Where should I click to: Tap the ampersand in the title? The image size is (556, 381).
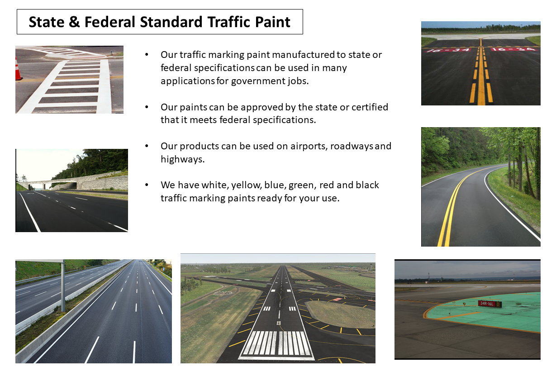coord(75,22)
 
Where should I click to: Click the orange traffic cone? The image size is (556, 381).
coord(19,69)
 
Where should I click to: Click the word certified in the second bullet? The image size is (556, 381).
coord(370,107)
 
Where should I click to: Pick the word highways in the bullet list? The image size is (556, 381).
coord(182,159)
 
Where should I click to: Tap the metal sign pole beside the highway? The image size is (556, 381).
coord(63,286)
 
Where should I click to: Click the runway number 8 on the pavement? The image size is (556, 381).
coord(279,323)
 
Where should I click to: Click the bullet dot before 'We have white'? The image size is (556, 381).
coord(147,185)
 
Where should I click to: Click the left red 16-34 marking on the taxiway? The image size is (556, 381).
coord(449,50)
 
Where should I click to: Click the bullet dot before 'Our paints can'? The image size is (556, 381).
coord(147,107)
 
